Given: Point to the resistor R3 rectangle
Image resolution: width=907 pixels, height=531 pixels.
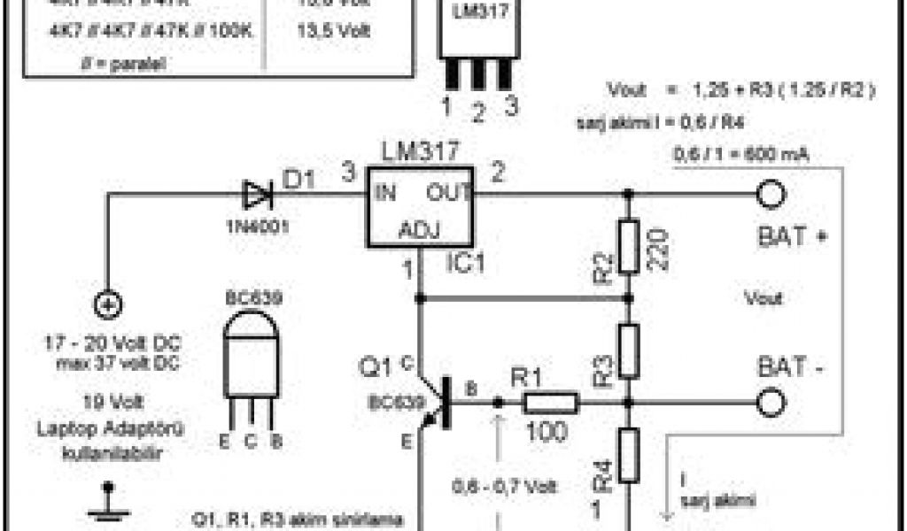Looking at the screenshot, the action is click(629, 350).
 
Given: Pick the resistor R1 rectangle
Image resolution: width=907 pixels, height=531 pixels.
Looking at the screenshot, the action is click(551, 403).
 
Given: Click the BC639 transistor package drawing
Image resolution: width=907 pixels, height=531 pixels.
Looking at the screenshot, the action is click(252, 363).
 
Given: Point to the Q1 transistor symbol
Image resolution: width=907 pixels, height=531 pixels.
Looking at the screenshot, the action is click(434, 403).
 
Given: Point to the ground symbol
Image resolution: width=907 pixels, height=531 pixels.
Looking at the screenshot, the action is click(109, 503).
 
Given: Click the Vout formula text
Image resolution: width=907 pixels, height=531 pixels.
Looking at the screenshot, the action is click(740, 89).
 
